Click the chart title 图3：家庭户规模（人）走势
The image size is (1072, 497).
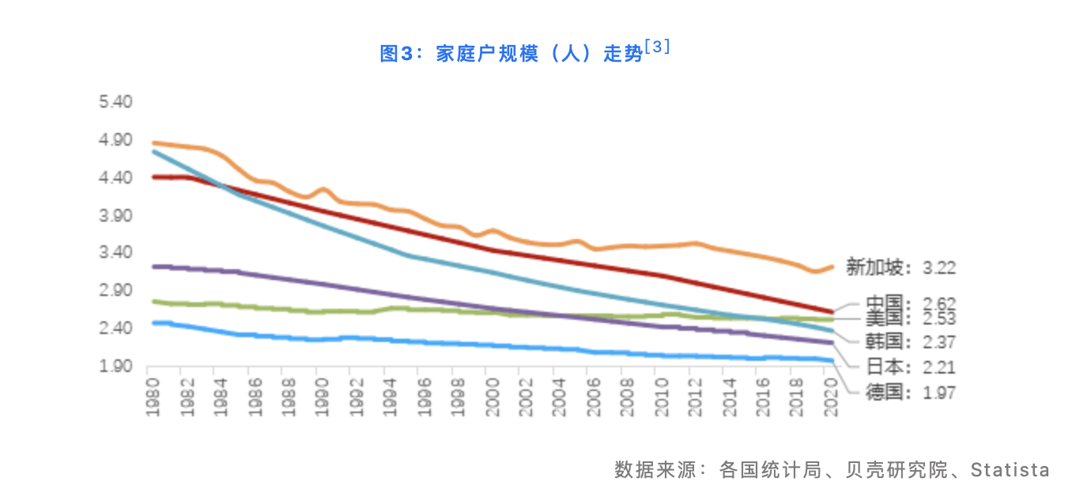511,54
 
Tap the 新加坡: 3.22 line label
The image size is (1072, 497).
900,267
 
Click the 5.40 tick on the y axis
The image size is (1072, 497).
115,102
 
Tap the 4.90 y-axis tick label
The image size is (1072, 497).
115,140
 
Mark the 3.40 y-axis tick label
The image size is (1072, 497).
115,253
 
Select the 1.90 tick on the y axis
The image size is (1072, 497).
115,366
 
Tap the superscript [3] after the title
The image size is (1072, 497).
658,47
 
